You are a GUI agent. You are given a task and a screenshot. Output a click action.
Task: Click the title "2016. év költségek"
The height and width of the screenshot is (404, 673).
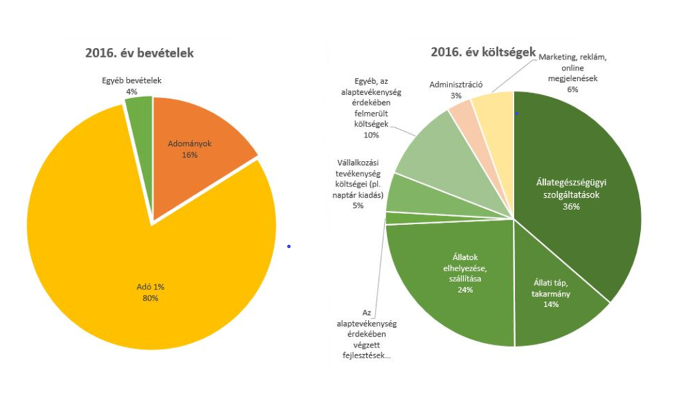483,51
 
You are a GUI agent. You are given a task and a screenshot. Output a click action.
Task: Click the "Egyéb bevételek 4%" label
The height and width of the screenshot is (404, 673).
131,85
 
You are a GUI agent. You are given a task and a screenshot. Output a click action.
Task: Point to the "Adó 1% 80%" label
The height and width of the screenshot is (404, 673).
150,292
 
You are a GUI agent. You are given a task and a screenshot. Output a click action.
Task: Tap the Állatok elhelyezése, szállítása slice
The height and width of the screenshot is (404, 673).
444,283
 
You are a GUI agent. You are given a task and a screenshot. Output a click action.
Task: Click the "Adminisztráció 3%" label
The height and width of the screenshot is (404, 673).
456,90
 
